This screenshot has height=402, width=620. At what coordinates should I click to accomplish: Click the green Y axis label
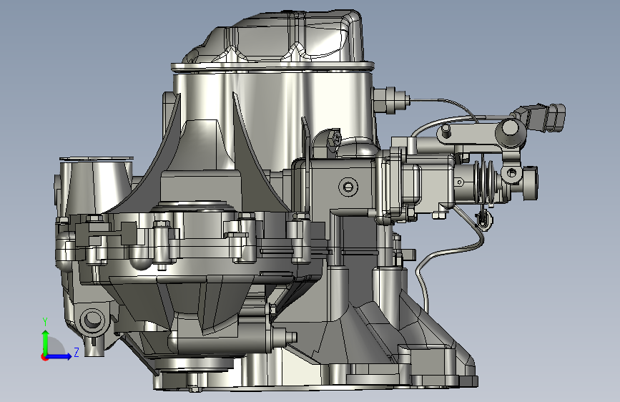[45, 322]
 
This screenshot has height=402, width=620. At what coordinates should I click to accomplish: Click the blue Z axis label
[77, 352]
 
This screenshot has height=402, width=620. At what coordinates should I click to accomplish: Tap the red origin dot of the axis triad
[44, 357]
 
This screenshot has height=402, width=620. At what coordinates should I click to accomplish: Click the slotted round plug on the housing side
[348, 186]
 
